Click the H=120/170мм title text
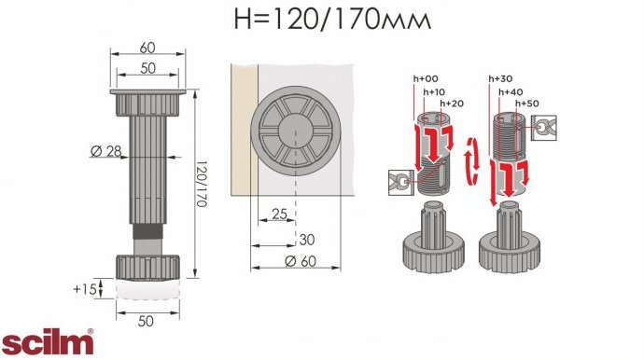pyautogui.click(x=332, y=19)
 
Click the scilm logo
pyautogui.click(x=48, y=341)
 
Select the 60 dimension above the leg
pyautogui.click(x=147, y=48)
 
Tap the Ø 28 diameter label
pyautogui.click(x=106, y=151)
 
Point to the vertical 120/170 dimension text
pyautogui.click(x=201, y=184)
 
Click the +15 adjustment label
pyautogui.click(x=85, y=289)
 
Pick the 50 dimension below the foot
pyautogui.click(x=146, y=321)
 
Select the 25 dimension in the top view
pyautogui.click(x=279, y=214)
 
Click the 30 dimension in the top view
pyautogui.click(x=307, y=240)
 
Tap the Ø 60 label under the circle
pyautogui.click(x=301, y=261)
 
